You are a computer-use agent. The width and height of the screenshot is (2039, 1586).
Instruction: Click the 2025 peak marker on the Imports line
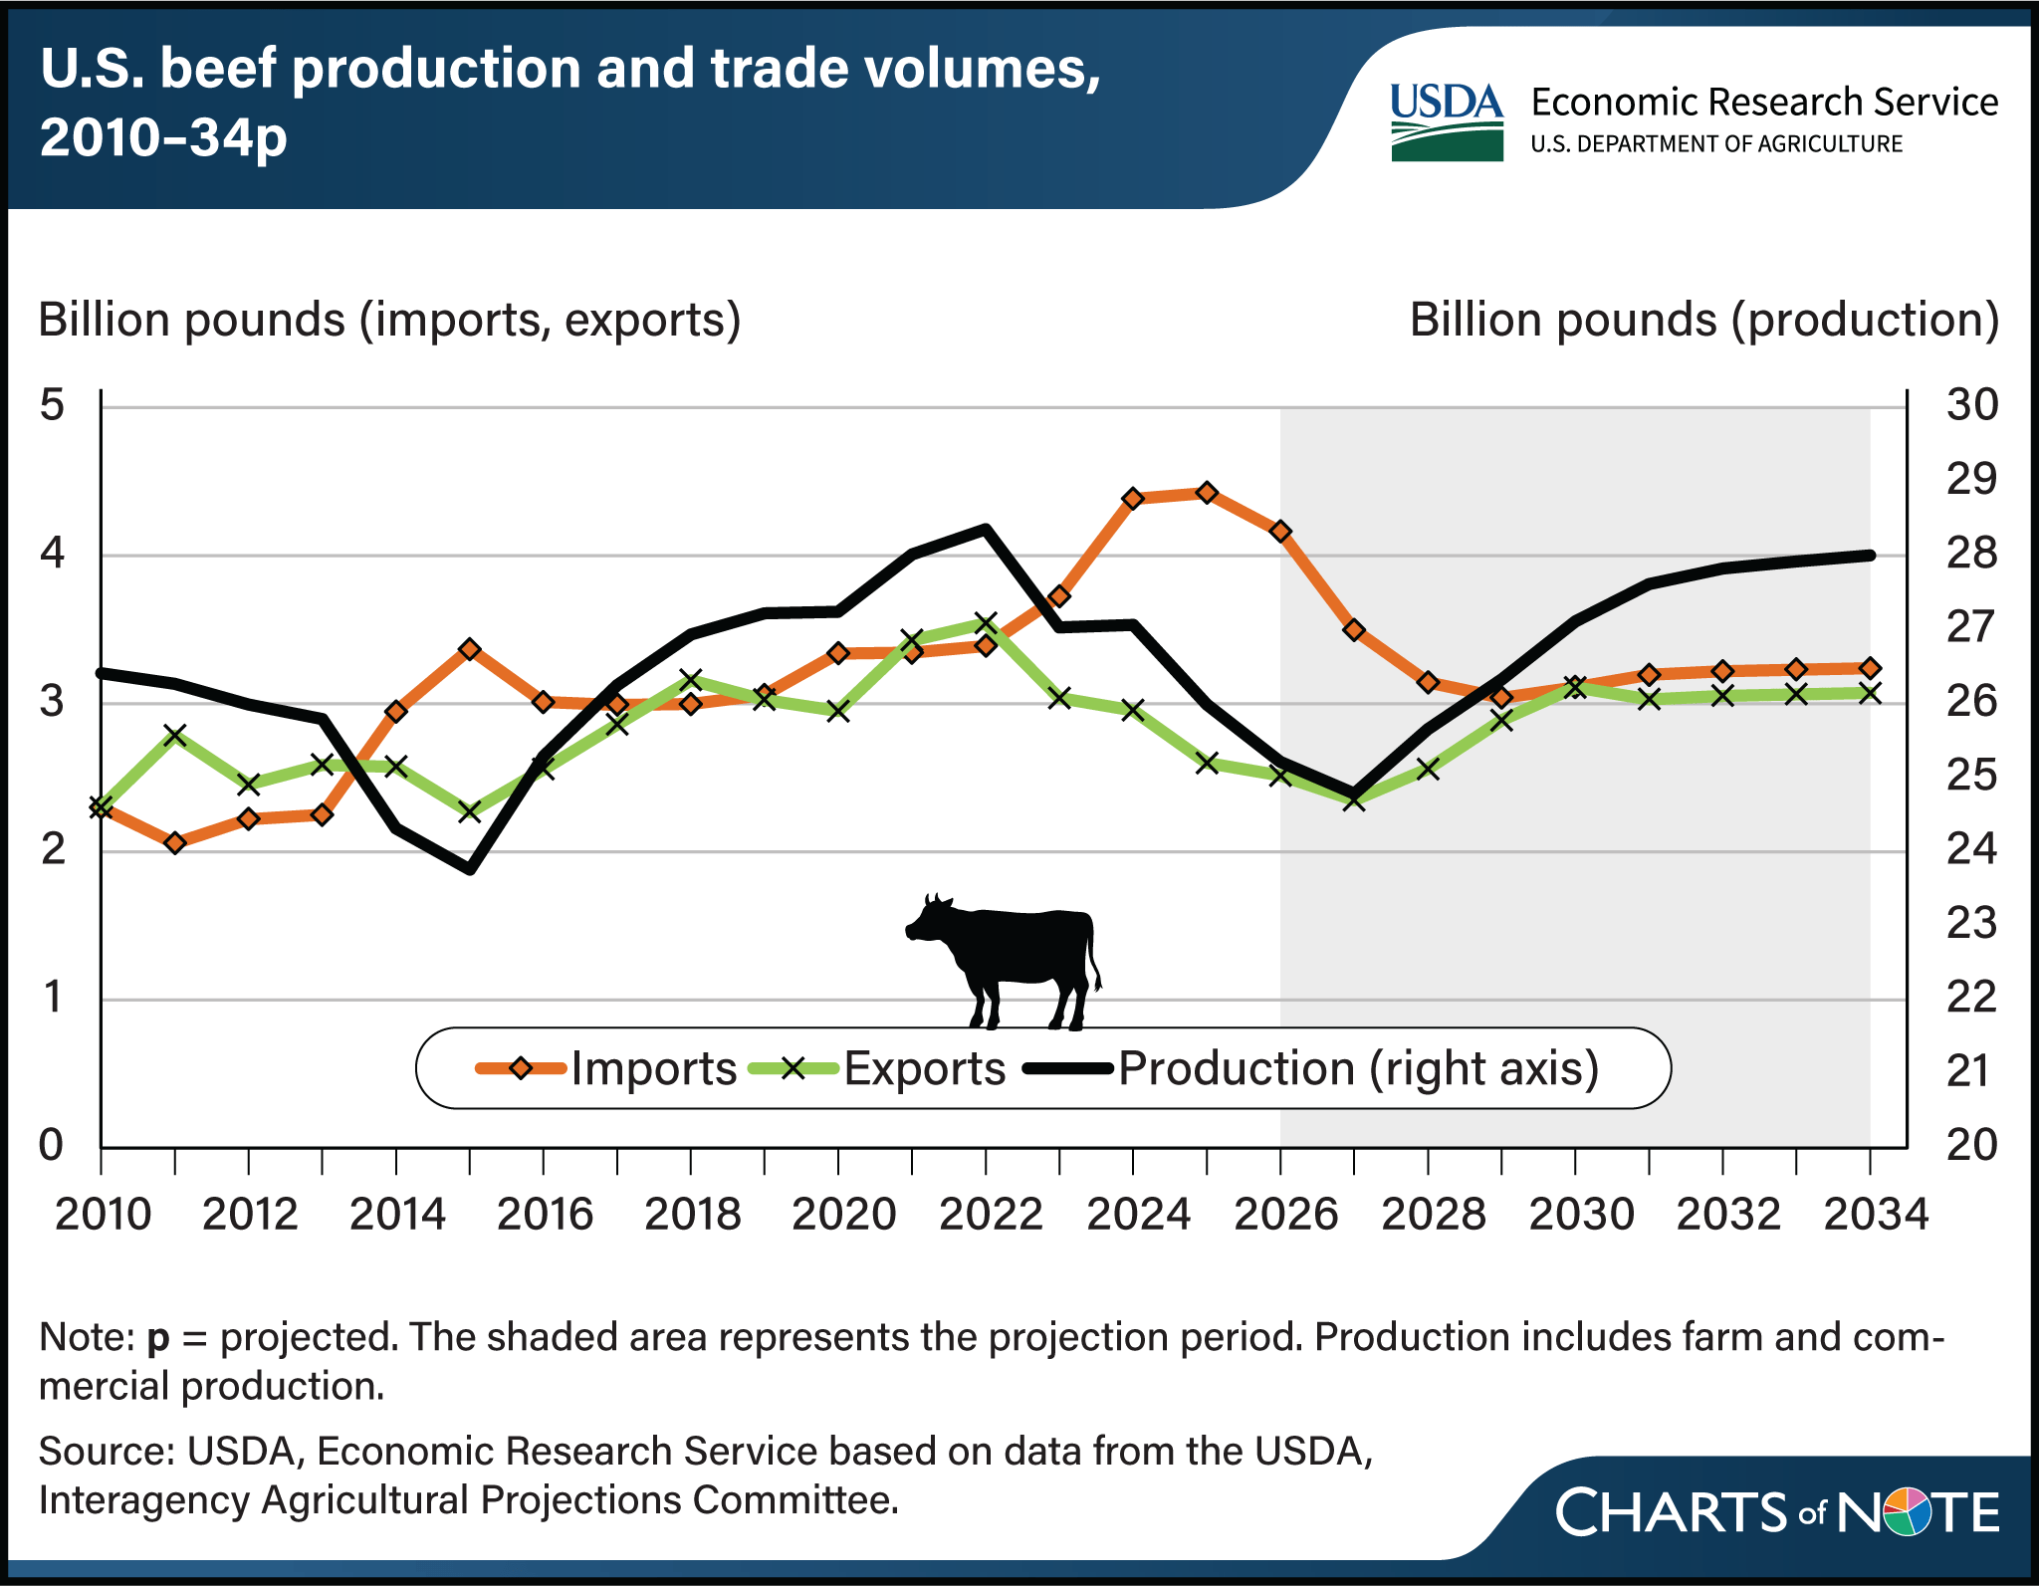pyautogui.click(x=1207, y=493)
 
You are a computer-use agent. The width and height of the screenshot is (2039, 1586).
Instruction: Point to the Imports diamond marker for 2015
pyautogui.click(x=470, y=649)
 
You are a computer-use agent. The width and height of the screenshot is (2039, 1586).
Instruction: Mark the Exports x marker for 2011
pyautogui.click(x=175, y=736)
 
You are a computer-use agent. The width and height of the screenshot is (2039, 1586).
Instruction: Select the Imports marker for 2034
pyautogui.click(x=1870, y=668)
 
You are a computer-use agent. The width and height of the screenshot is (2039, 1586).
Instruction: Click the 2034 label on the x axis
pyautogui.click(x=1875, y=1216)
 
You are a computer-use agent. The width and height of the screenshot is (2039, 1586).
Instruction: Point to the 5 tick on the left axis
pyautogui.click(x=52, y=405)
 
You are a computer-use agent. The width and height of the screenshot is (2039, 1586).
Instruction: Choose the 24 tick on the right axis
pyautogui.click(x=1971, y=849)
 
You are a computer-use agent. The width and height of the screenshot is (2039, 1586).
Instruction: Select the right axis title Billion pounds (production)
pyautogui.click(x=1703, y=321)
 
